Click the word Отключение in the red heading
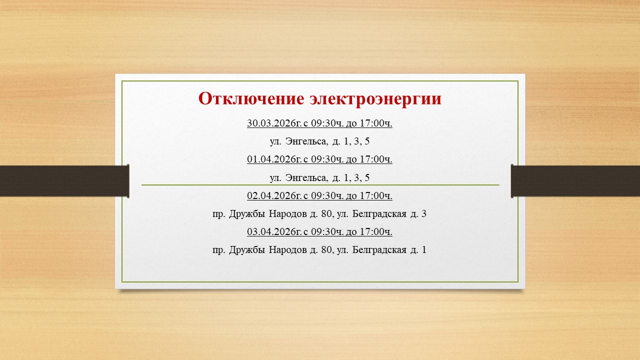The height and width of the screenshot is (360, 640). pyautogui.click(x=251, y=99)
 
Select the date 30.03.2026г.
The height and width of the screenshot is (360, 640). pyautogui.click(x=274, y=123)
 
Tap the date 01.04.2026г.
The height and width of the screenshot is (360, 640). pyautogui.click(x=274, y=159)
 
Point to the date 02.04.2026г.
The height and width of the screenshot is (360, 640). pyautogui.click(x=274, y=195)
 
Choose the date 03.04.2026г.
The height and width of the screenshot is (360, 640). pyautogui.click(x=274, y=231)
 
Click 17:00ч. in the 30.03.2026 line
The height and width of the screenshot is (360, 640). pyautogui.click(x=376, y=123)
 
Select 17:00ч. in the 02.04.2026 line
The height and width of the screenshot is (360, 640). pyautogui.click(x=376, y=195)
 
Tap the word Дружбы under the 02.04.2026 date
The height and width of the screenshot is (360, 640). pyautogui.click(x=247, y=213)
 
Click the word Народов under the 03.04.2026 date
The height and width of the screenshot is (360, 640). pyautogui.click(x=288, y=250)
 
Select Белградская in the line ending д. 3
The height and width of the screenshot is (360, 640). pyautogui.click(x=379, y=214)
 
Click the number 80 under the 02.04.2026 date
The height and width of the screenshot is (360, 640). pyautogui.click(x=326, y=213)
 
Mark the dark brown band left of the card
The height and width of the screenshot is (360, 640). pyautogui.click(x=64, y=181)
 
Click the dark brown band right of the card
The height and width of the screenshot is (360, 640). pyautogui.click(x=575, y=181)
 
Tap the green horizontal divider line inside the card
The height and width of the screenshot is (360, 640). pyautogui.click(x=320, y=185)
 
